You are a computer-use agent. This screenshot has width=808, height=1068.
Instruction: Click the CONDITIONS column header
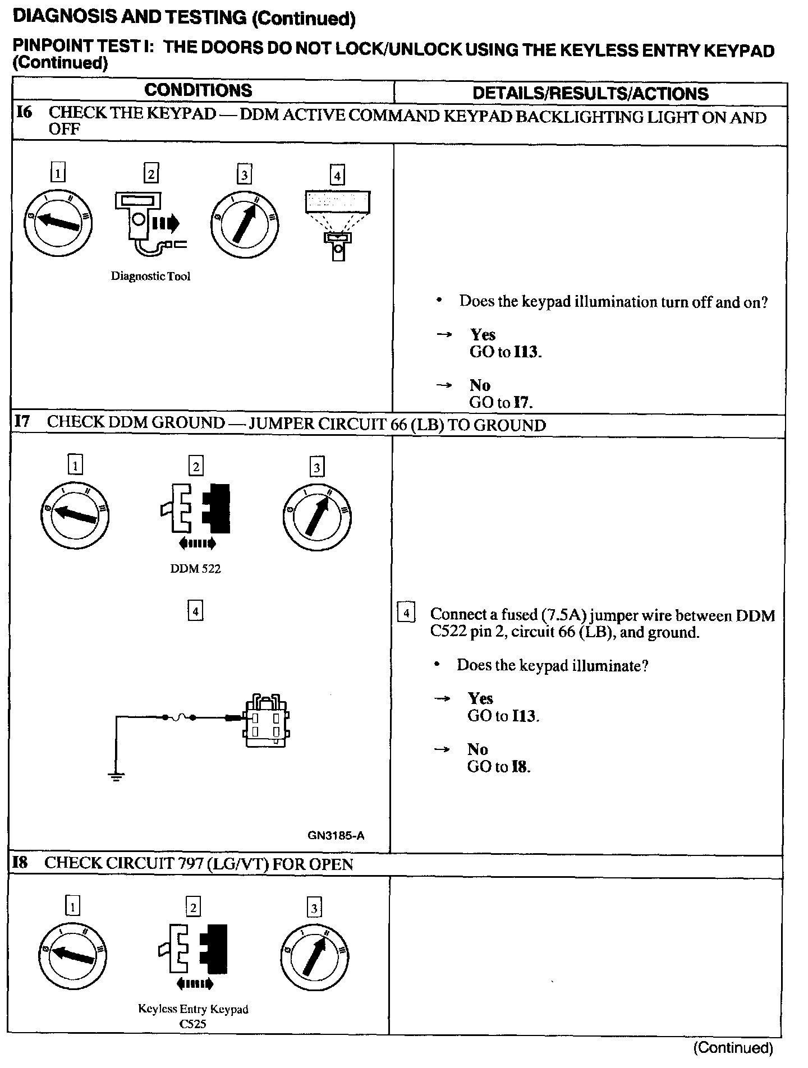[198, 91]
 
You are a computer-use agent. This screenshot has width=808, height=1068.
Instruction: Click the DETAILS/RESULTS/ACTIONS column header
[590, 93]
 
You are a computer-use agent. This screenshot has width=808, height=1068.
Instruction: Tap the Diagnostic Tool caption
[150, 276]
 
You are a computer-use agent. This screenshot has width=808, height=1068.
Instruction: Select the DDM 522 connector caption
[195, 568]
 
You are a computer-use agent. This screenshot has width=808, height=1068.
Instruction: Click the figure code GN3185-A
[336, 835]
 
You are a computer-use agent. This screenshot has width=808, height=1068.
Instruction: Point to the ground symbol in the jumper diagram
[116, 776]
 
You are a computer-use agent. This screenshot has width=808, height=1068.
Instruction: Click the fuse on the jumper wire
[179, 717]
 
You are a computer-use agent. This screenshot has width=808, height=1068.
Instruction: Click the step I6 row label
[24, 112]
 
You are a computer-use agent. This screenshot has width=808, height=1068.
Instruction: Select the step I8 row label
[20, 863]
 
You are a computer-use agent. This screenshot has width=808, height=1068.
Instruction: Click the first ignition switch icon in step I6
[58, 223]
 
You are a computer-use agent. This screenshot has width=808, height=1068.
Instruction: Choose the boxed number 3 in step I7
[317, 467]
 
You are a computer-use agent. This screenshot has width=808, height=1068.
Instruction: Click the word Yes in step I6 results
[483, 335]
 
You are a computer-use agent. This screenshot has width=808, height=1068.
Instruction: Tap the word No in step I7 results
[478, 749]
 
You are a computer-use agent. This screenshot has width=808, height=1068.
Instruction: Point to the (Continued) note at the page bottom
[733, 1047]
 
